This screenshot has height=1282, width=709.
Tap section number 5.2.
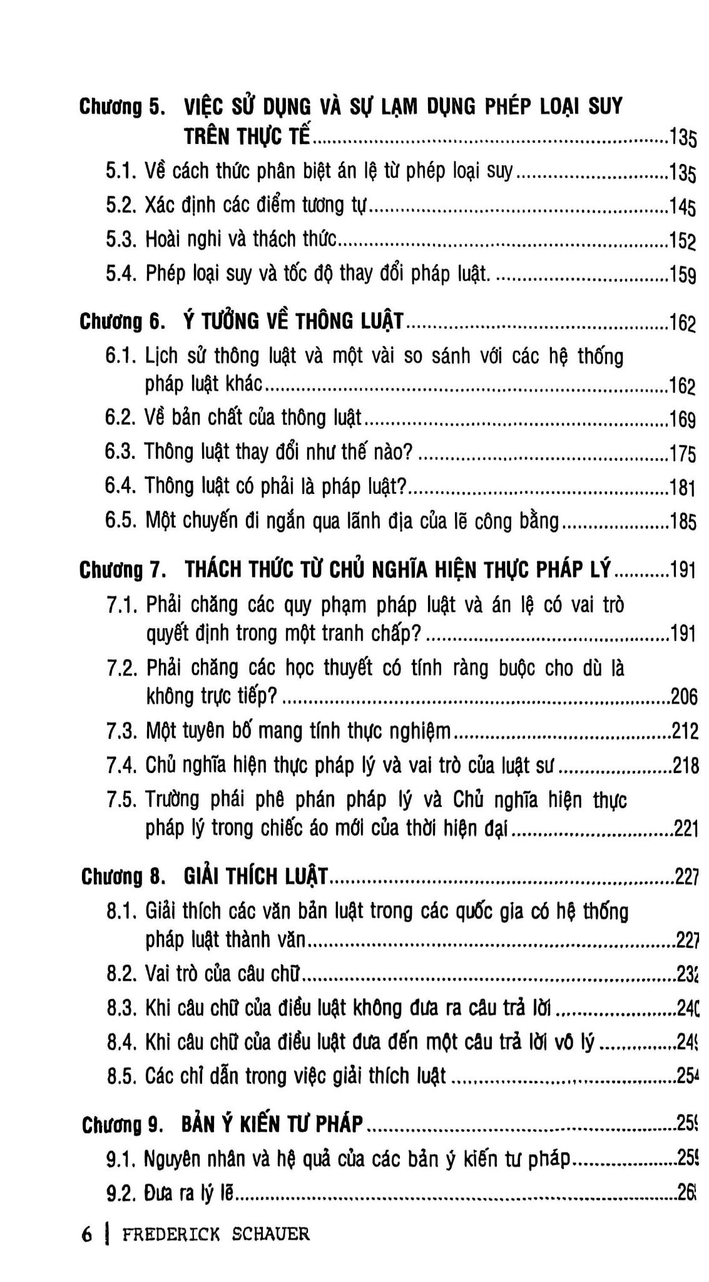(121, 205)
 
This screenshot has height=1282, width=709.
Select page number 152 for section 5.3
(683, 241)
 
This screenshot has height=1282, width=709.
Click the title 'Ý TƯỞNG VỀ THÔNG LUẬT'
(294, 321)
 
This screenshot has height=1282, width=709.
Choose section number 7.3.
(122, 731)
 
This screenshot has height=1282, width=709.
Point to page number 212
(684, 731)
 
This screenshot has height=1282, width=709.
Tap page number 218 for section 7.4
(685, 765)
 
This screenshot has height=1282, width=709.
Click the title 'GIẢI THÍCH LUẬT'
(255, 877)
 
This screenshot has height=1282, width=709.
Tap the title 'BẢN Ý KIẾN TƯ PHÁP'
(272, 1124)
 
